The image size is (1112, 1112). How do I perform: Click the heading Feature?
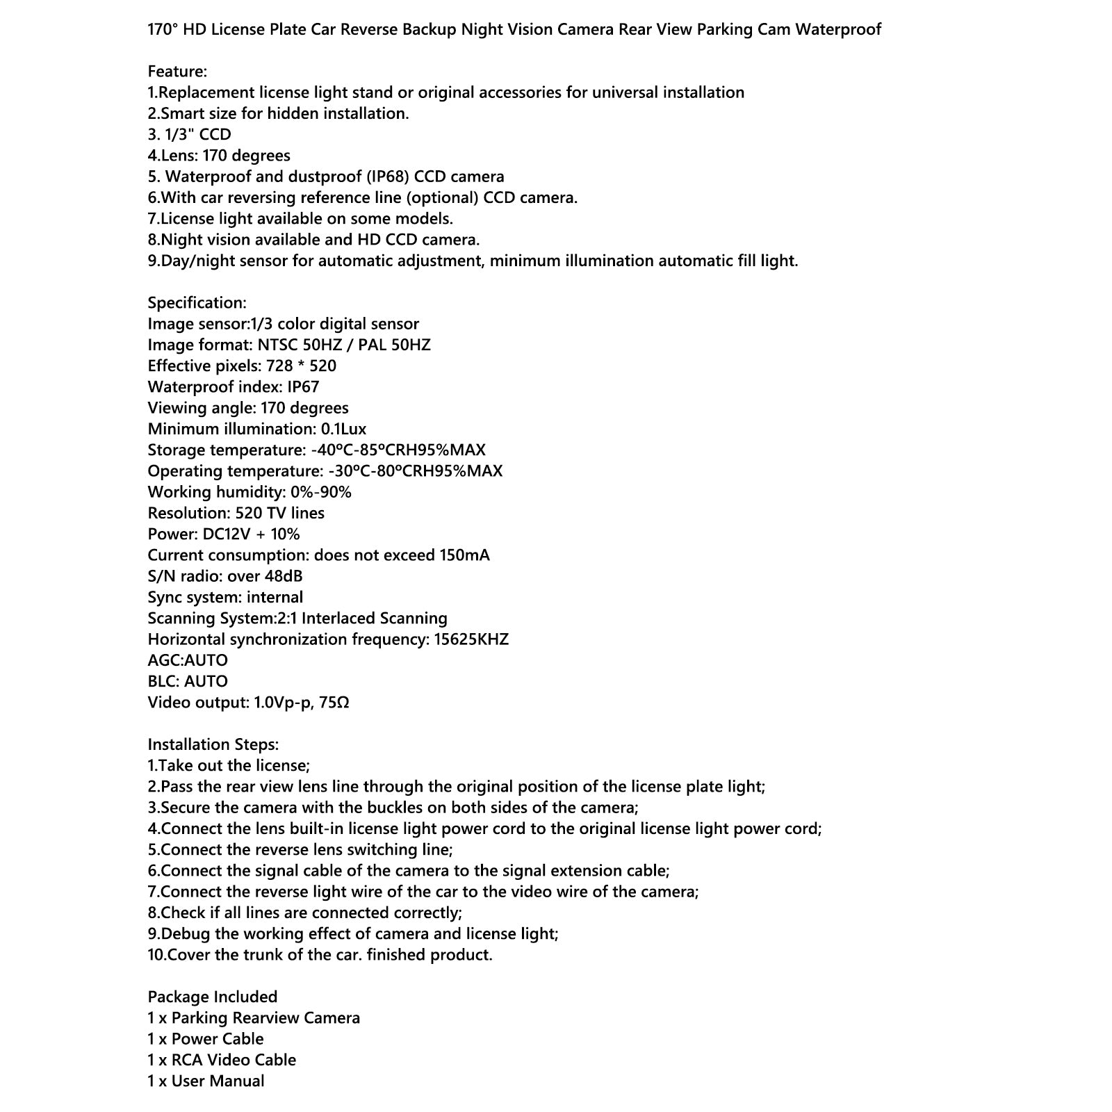[177, 72]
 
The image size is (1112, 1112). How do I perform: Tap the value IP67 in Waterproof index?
[303, 387]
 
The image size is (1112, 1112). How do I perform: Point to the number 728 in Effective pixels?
[279, 366]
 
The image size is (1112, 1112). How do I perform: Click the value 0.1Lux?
[343, 429]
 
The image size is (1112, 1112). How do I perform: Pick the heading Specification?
[197, 303]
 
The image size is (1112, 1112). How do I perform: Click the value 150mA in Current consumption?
[464, 555]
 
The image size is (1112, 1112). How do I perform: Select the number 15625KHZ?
[471, 639]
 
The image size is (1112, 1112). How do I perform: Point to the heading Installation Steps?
[213, 744]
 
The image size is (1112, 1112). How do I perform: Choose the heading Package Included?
[212, 997]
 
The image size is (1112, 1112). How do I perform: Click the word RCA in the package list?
[187, 1060]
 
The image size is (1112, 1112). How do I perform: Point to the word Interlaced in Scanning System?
[337, 619]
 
